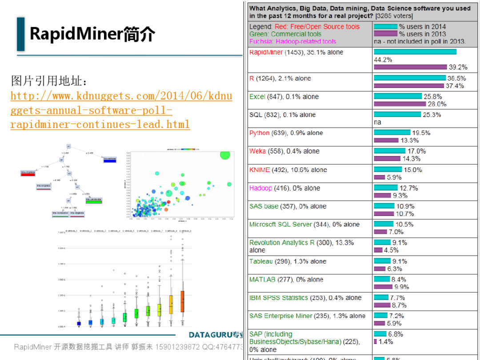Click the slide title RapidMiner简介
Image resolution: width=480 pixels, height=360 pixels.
(x=92, y=34)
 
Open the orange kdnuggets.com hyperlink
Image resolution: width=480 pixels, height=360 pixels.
(x=121, y=110)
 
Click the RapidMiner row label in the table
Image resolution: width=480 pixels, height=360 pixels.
(x=266, y=52)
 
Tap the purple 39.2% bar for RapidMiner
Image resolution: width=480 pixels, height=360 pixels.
(x=410, y=67)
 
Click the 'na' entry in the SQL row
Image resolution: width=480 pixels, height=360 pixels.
(x=377, y=122)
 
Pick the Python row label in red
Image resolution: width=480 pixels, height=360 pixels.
(x=259, y=133)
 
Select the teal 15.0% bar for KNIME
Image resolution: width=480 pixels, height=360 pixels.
(x=388, y=169)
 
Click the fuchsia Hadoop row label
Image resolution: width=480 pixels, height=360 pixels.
(x=260, y=188)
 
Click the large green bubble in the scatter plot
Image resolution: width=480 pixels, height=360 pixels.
(x=225, y=155)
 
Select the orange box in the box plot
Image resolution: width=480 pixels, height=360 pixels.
(x=182, y=302)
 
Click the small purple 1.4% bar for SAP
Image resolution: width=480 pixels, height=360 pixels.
(x=375, y=342)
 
